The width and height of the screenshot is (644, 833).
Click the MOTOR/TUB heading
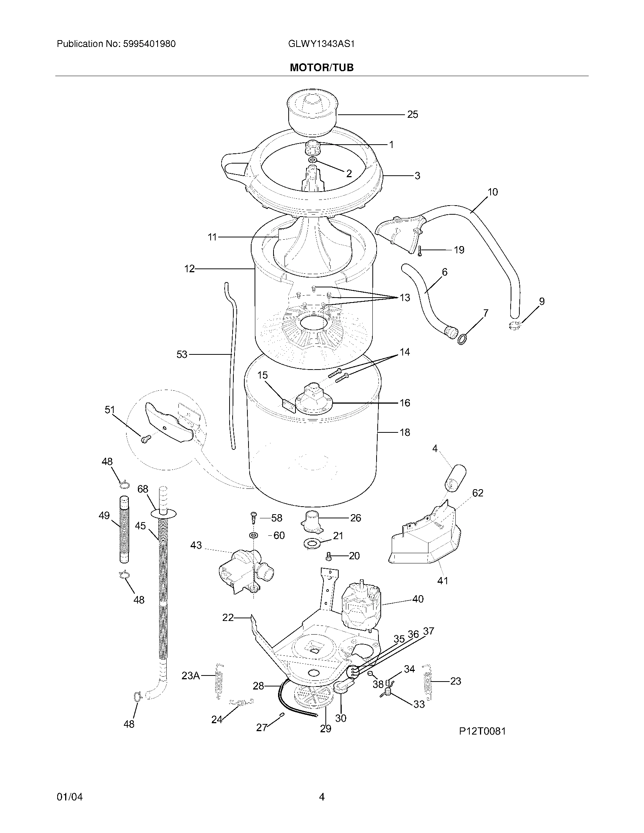(x=322, y=67)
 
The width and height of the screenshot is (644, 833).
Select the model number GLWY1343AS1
(x=321, y=44)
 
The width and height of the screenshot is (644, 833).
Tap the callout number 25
(x=413, y=114)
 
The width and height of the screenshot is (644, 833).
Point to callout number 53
(x=181, y=355)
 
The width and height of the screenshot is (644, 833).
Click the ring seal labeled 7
(x=463, y=338)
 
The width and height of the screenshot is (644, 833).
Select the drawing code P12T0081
(x=482, y=731)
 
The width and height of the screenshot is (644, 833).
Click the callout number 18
(x=405, y=432)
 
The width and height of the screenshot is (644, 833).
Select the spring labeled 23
(x=427, y=682)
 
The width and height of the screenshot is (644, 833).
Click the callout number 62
(x=478, y=493)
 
